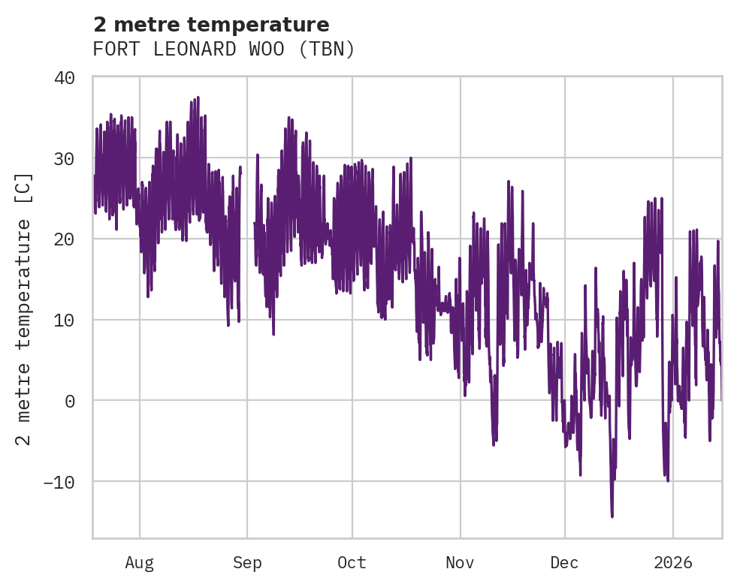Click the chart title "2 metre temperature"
(211, 26)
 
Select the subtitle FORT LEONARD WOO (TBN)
(223, 50)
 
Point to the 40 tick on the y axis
(65, 77)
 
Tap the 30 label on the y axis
(65, 158)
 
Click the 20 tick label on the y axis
(65, 239)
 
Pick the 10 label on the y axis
(65, 320)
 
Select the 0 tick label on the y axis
(70, 401)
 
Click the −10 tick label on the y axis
(60, 482)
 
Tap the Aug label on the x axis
(139, 563)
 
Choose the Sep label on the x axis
(247, 563)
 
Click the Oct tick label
(352, 563)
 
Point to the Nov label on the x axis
(460, 563)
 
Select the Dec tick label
(564, 563)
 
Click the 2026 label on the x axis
(672, 563)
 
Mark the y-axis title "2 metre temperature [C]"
(24, 309)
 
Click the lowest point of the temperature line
(612, 516)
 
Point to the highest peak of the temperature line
(198, 98)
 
